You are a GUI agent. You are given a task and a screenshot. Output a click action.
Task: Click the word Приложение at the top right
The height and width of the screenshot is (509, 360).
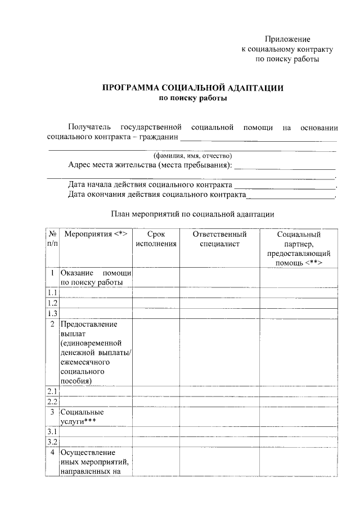tap(288, 39)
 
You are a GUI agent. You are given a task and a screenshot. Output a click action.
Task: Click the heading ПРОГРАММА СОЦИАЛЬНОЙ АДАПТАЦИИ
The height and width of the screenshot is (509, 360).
tap(192, 88)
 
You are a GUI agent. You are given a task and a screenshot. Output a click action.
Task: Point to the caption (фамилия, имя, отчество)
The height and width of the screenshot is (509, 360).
tap(192, 156)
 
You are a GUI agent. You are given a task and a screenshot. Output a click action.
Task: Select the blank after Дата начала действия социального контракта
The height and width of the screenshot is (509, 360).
tap(285, 186)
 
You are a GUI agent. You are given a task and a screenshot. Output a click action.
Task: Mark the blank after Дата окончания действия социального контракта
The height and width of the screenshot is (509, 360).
tap(291, 196)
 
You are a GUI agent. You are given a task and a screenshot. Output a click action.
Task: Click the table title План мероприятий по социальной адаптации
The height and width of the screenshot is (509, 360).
tap(192, 214)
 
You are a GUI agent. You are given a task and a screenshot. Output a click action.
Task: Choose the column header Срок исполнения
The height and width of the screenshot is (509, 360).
tap(156, 239)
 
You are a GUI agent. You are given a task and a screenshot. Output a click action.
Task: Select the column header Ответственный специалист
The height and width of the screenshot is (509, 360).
tap(219, 239)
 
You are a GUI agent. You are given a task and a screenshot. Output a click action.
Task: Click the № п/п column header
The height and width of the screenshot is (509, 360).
tap(52, 239)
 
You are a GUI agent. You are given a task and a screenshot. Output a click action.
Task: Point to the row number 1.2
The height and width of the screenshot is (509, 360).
tap(52, 303)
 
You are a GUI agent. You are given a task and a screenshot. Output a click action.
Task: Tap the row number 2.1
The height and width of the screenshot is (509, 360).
tap(52, 391)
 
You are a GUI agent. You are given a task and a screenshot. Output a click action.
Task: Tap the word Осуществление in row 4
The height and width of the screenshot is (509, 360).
tap(88, 452)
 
